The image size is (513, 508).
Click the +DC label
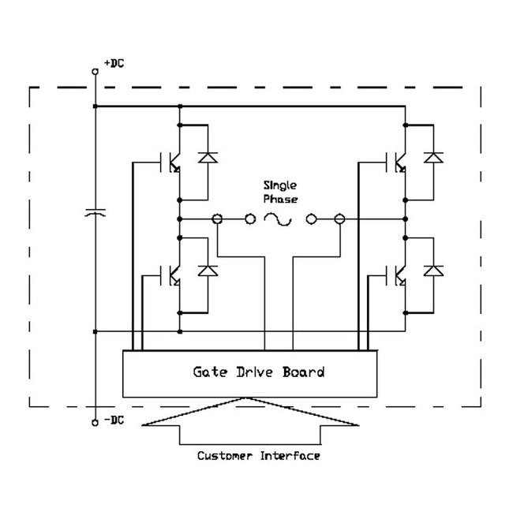coord(114,62)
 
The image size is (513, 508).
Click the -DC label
coord(114,420)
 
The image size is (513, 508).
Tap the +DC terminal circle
coord(95,71)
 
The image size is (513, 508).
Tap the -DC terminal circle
coord(95,423)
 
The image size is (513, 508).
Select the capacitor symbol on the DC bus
coord(95,213)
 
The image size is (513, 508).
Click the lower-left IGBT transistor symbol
coord(173,275)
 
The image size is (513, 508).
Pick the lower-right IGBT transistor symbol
coord(399,275)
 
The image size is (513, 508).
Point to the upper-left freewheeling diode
coord(208,157)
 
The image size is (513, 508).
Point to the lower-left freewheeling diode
coord(208,271)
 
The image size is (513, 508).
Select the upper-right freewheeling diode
coord(433,157)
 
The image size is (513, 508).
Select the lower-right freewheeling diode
coord(433,271)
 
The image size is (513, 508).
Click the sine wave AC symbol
coord(279,219)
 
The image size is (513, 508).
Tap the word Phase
coord(281,199)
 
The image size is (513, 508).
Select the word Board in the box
coord(303,372)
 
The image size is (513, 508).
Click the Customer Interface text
coord(259,456)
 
